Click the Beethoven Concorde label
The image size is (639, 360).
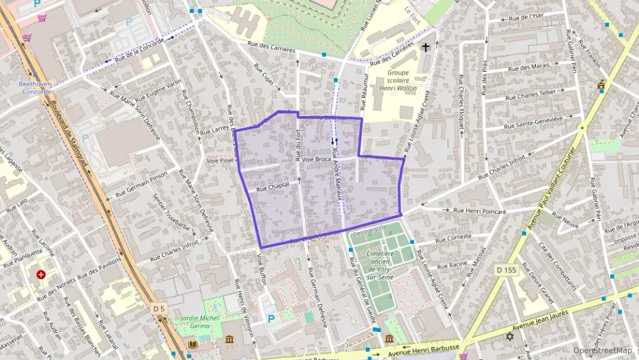[x=34, y=87]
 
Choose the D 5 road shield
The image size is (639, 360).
[x=158, y=309]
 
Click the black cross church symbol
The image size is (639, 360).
[x=426, y=47]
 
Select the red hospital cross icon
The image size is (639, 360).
[x=41, y=275]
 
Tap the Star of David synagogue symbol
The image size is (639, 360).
[x=509, y=337]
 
